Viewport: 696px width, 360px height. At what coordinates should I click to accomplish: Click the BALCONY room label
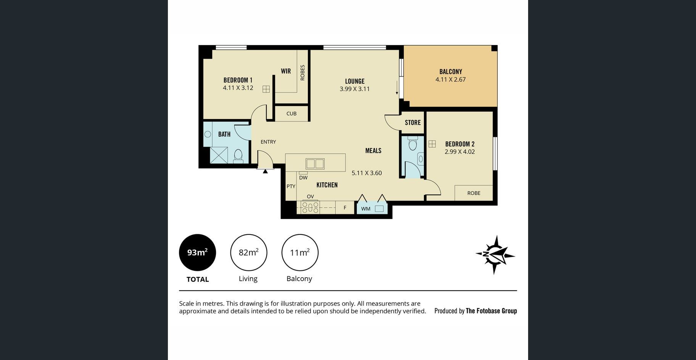[451, 72]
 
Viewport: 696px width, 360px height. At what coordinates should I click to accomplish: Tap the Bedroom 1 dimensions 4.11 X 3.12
[238, 88]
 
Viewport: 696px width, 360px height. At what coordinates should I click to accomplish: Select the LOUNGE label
[355, 81]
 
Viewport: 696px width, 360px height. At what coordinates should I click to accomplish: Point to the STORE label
[413, 122]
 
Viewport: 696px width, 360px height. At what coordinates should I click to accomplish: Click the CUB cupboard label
[292, 114]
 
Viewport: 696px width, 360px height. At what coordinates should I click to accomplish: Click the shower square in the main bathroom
[219, 155]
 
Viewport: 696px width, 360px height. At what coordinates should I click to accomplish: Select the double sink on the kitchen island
[315, 164]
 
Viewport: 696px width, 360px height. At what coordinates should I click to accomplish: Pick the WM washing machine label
[366, 209]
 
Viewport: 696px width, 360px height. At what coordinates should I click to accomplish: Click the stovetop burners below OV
[310, 207]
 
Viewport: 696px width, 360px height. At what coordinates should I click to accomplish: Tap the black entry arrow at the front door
[265, 171]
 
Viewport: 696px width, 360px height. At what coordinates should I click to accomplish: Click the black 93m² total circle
[198, 252]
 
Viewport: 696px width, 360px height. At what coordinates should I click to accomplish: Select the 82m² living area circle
[249, 252]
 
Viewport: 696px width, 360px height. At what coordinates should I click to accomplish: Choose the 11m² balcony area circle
[300, 252]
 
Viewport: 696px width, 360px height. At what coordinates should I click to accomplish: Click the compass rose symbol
[495, 255]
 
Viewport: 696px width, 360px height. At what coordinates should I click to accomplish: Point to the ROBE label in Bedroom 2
[474, 193]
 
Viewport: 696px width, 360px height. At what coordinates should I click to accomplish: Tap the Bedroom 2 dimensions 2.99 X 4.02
[460, 151]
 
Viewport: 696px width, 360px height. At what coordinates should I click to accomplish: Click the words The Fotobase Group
[491, 311]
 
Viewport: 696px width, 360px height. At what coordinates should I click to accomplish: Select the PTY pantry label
[291, 186]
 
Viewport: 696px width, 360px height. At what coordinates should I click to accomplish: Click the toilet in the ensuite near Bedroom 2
[412, 143]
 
